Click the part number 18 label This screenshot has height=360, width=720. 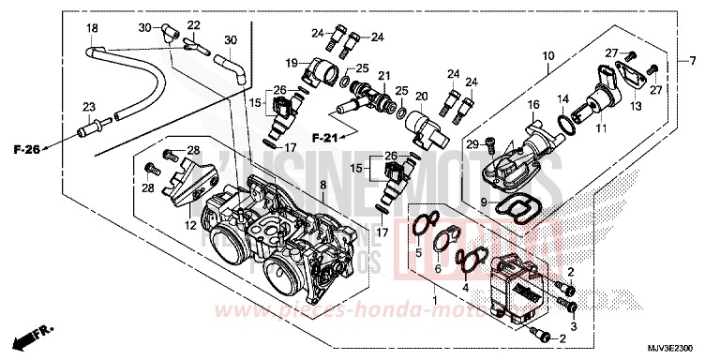[x=92, y=29]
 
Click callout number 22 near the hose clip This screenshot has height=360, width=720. [x=193, y=24]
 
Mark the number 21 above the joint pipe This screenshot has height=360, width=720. [x=383, y=75]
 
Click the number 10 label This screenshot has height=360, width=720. [x=547, y=56]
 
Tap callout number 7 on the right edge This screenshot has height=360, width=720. [x=694, y=61]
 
